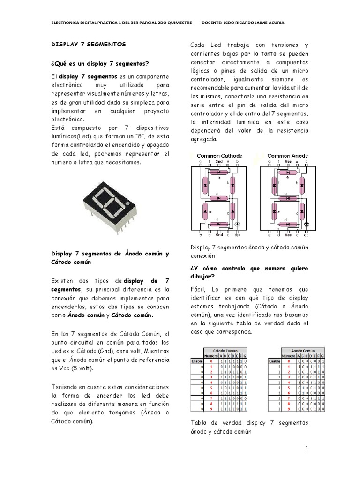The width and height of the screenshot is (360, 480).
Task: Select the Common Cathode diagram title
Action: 219,155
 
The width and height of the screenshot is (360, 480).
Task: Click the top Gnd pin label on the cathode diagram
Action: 218,162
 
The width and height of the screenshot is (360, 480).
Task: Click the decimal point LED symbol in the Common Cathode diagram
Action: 236,225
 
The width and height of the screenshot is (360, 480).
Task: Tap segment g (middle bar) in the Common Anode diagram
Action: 287,197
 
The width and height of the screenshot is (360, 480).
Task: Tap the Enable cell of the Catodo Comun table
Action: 196,361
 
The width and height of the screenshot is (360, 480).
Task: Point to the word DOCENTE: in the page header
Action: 213,22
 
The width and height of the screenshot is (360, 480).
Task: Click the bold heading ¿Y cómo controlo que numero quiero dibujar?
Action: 249,272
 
